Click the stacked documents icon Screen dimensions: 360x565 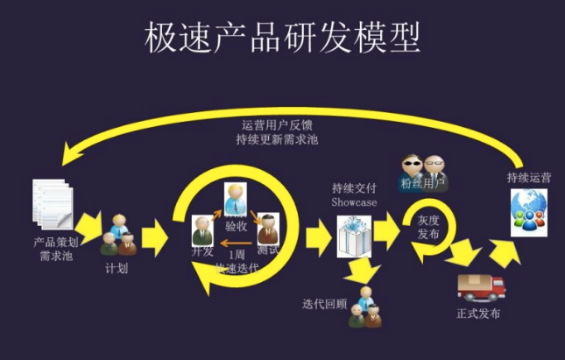(x=51, y=203)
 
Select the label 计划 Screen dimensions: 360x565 (x=117, y=268)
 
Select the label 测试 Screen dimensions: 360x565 (x=269, y=251)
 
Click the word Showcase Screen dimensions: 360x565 (x=354, y=202)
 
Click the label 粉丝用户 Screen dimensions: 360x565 (x=423, y=184)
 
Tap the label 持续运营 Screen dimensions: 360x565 (x=529, y=178)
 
